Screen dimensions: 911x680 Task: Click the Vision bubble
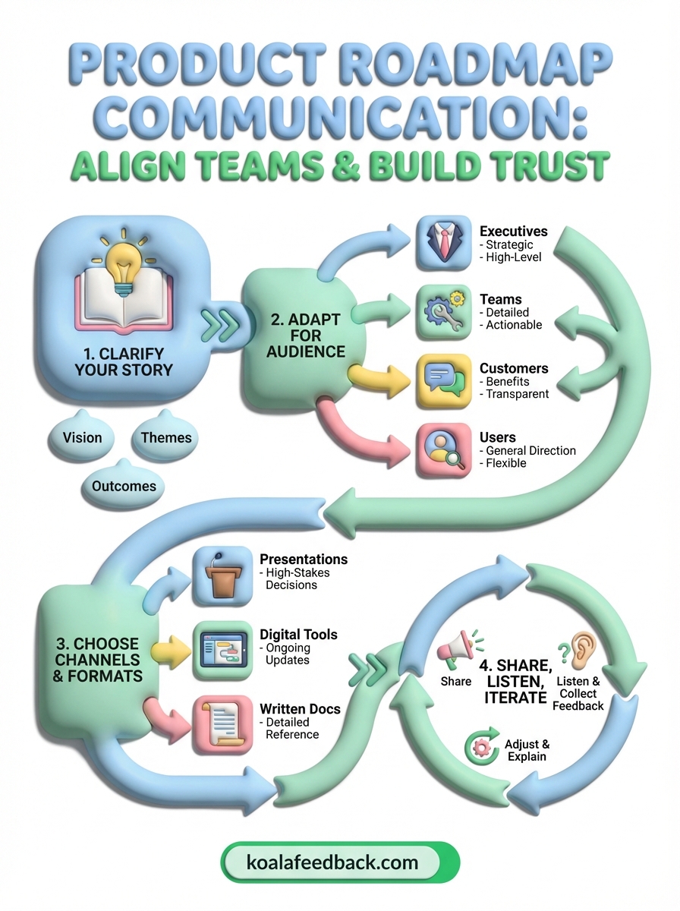click(82, 438)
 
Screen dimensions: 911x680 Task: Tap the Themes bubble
click(166, 438)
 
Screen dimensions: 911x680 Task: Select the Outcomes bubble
click(124, 486)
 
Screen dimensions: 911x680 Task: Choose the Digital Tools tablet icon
click(222, 650)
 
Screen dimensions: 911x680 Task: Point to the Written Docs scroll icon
click(222, 723)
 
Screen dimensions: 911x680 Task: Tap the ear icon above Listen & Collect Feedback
click(581, 650)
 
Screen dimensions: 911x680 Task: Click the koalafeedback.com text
click(332, 862)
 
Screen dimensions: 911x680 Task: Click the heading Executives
click(513, 231)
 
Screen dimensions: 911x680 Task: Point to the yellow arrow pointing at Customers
click(376, 377)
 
